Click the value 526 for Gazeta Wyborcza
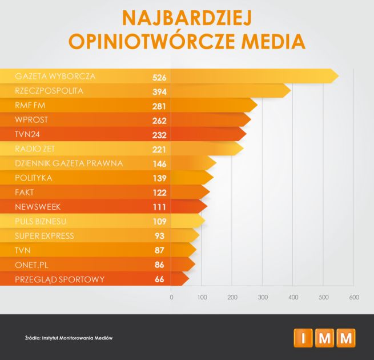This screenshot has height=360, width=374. tap(159, 77)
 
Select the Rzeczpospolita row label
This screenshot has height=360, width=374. tap(50, 91)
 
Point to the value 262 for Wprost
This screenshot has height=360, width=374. tap(159, 121)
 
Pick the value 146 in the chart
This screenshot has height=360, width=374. tap(159, 164)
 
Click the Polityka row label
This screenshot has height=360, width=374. tap(34, 178)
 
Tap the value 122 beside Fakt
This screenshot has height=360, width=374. tap(159, 193)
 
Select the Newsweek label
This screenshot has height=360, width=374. tap(38, 207)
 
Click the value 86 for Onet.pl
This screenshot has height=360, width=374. tap(160, 265)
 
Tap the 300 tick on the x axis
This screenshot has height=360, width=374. tap(263, 297)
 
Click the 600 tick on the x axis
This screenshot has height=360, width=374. tap(354, 297)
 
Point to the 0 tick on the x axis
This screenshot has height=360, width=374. tap(171, 297)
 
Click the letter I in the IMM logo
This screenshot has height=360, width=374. tap(303, 338)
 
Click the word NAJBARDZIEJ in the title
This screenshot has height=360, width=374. tap(187, 18)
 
